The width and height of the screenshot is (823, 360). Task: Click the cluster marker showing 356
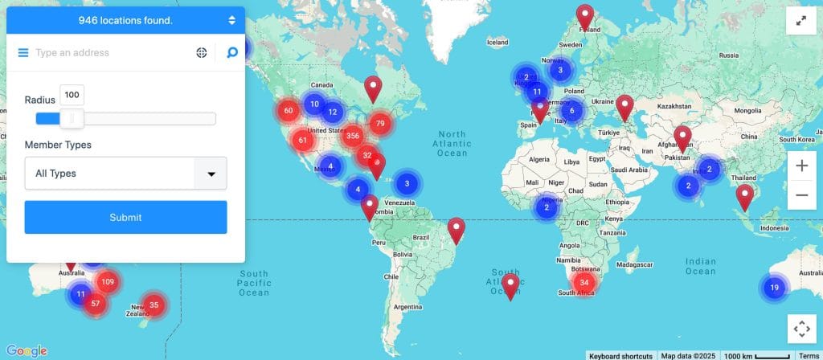tap(352, 135)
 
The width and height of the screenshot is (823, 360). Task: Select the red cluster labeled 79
tap(380, 123)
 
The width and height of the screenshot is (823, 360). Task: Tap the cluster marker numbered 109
tap(108, 282)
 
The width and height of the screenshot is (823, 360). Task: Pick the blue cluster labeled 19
tap(774, 287)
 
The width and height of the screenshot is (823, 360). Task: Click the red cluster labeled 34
tap(584, 282)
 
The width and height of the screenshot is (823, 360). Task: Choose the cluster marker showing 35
tap(154, 305)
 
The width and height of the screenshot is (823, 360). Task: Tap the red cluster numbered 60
tap(289, 111)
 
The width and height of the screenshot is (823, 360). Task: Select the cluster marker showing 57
tap(96, 303)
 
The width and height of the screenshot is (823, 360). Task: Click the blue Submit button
tap(125, 217)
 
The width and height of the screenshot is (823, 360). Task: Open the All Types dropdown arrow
tap(211, 173)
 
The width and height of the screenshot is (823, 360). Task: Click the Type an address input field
tap(109, 53)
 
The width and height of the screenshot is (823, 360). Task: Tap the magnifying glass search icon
tap(232, 53)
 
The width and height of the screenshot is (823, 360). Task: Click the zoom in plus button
tap(801, 166)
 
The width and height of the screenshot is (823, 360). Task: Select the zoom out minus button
tap(801, 194)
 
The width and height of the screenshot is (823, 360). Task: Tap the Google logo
tap(27, 350)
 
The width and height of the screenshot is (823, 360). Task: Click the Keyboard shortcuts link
tap(620, 355)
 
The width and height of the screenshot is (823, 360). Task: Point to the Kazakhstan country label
tap(664, 105)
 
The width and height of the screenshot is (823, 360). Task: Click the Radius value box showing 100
tap(72, 95)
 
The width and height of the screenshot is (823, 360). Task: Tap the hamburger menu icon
tap(23, 53)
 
